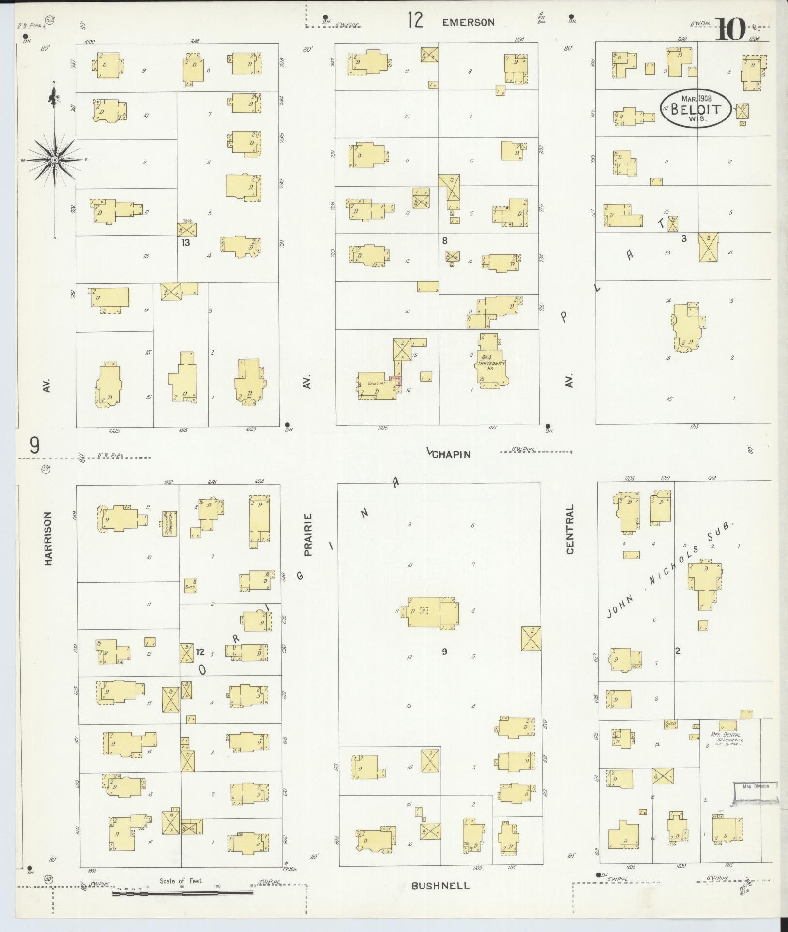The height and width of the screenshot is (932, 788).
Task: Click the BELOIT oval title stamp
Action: pyautogui.click(x=696, y=109)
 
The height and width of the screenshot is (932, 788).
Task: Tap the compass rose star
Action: pyautogui.click(x=55, y=160)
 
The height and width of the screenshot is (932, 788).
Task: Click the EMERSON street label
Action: pyautogui.click(x=468, y=22)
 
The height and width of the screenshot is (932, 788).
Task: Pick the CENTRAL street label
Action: pyautogui.click(x=570, y=529)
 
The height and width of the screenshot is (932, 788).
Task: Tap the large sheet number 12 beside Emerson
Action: pyautogui.click(x=415, y=20)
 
